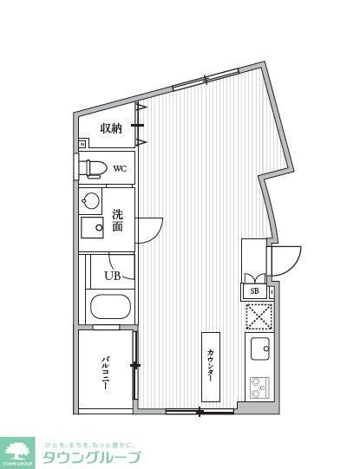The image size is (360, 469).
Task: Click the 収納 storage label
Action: (110, 128)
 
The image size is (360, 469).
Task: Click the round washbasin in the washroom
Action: (90, 201)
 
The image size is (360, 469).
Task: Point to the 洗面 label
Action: (118, 221)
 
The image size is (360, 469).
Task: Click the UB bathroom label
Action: (113, 276)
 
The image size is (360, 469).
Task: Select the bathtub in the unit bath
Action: (110, 307)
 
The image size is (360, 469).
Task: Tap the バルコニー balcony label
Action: (104, 373)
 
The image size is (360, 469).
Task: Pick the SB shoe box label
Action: (255, 291)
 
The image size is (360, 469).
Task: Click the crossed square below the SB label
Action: (259, 317)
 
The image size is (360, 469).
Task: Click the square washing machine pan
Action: (92, 229)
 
